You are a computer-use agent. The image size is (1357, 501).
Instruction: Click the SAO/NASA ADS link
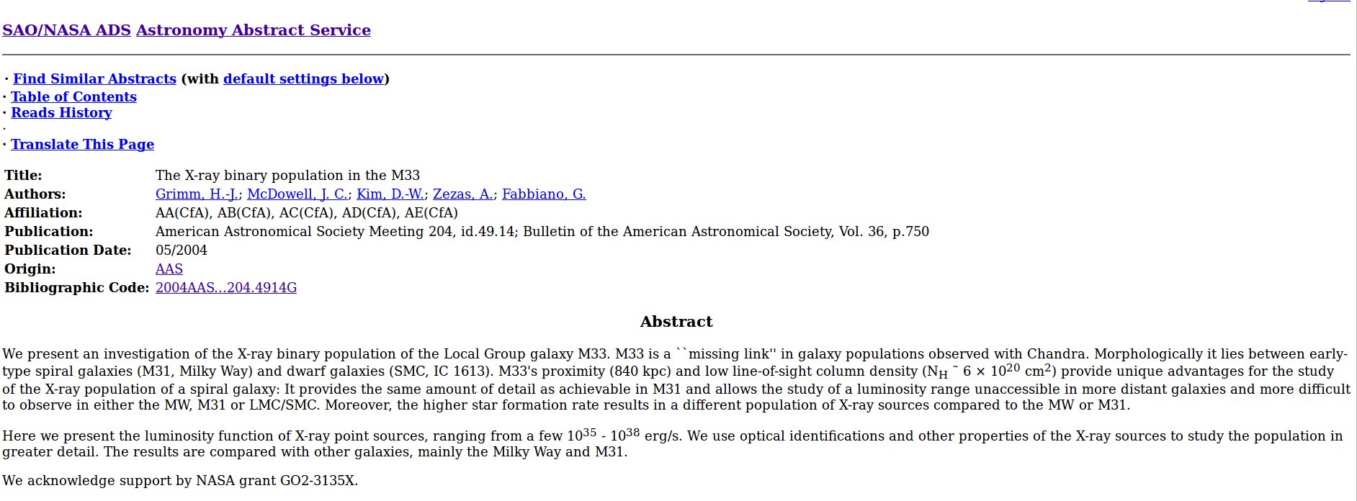pos(66,30)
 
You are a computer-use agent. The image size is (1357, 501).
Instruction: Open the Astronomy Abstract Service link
pos(253,30)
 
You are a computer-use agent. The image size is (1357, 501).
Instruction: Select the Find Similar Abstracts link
pos(94,79)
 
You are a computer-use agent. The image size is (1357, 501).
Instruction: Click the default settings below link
pos(303,79)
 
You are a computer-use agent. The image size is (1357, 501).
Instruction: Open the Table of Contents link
pos(73,97)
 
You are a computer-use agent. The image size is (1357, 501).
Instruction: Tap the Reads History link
pos(61,113)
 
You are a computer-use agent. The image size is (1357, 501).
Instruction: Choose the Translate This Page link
pos(82,145)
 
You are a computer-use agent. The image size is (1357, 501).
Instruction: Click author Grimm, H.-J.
pos(197,194)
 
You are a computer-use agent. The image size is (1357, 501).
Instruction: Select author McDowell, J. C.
pos(297,194)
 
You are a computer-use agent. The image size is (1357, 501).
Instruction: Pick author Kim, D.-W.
pos(390,194)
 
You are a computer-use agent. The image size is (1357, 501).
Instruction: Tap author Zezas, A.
pos(462,194)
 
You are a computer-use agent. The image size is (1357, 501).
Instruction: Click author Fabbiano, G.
pos(544,194)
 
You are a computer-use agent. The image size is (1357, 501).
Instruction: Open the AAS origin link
pos(169,269)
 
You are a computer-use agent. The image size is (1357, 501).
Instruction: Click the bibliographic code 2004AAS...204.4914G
pos(226,288)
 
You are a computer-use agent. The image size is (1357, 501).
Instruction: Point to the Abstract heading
pos(676,322)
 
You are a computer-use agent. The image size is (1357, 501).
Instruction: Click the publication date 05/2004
pos(182,250)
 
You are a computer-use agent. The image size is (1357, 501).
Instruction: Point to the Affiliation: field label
pos(43,213)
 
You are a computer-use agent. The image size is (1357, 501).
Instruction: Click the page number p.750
pos(910,232)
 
